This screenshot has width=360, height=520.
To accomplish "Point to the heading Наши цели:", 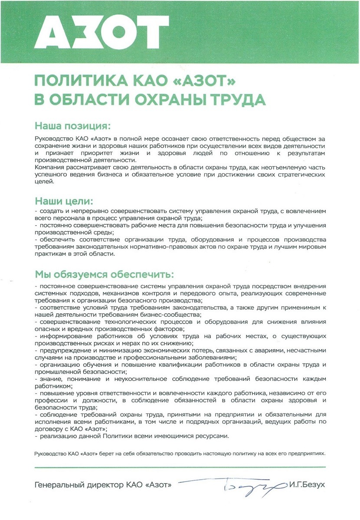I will (x=63, y=201).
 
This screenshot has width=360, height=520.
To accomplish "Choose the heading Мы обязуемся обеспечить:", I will (x=104, y=275).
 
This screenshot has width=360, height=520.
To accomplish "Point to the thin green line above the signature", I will (x=180, y=467).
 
